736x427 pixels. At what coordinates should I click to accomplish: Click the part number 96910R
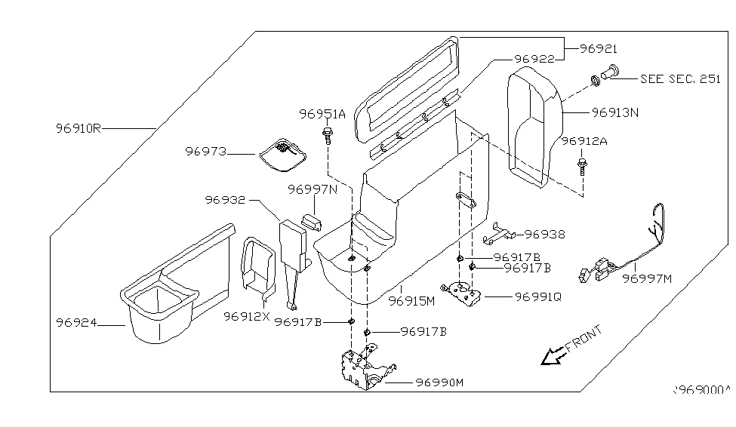pos(79,128)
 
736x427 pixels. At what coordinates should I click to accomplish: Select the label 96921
pos(599,48)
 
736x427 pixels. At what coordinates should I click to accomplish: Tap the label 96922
pos(534,59)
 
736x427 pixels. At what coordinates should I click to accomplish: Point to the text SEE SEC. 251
pos(680,78)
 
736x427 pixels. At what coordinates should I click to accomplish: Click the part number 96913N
pos(615,112)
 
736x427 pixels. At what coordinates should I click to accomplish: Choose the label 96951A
pos(322,114)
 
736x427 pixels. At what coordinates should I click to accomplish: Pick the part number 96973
pos(205,152)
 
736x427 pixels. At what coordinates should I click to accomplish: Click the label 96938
pos(545,235)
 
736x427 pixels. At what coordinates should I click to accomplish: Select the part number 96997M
pos(646,279)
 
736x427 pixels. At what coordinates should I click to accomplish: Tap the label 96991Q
pos(538,296)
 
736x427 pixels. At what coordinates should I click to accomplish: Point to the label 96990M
pos(439,382)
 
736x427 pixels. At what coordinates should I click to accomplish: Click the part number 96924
pos(77,322)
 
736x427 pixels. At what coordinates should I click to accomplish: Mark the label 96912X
pos(246,315)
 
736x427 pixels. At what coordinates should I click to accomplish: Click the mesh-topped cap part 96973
pos(283,151)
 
